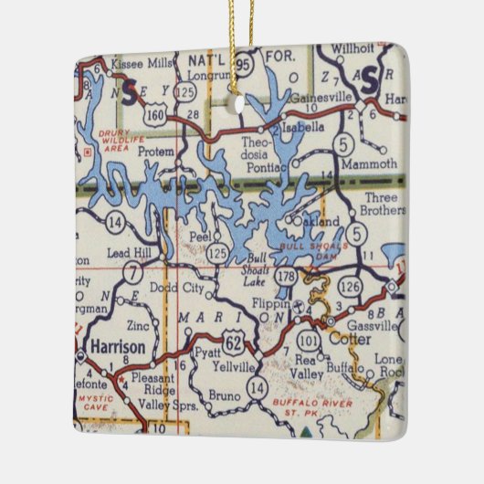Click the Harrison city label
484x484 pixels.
coord(118,347)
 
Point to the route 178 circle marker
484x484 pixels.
coord(289,277)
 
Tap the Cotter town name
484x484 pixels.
coord(350,339)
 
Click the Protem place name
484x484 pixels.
coord(155,153)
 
